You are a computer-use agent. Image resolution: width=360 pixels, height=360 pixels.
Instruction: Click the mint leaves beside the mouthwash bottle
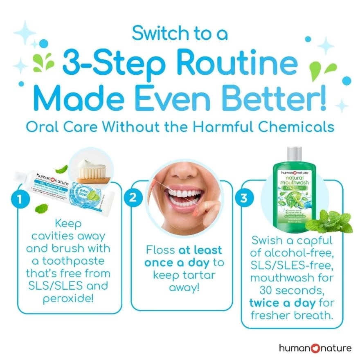pos(331,221)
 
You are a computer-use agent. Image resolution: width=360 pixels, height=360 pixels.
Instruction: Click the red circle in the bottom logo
pos(314,348)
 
